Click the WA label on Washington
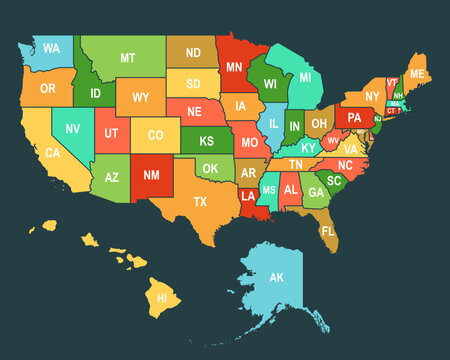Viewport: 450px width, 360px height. coord(51,48)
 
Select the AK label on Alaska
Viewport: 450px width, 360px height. coord(277,277)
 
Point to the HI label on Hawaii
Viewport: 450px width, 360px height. coord(160,297)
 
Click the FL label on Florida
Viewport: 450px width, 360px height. coord(329,231)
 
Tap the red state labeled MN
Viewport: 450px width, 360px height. coord(234,68)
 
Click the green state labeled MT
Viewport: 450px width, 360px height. coord(128,58)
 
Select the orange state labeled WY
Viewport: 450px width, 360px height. coord(141,97)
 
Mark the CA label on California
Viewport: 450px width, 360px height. coord(53,153)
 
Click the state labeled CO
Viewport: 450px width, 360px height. coord(156,135)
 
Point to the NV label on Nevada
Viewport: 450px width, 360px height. coord(73,128)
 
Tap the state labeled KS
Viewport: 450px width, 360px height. coord(207,141)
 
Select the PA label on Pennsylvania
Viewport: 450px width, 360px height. coord(354,117)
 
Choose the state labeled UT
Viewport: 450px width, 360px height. coord(112,132)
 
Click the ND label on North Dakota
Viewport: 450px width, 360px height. coord(193,52)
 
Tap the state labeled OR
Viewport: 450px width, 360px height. coord(48,88)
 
